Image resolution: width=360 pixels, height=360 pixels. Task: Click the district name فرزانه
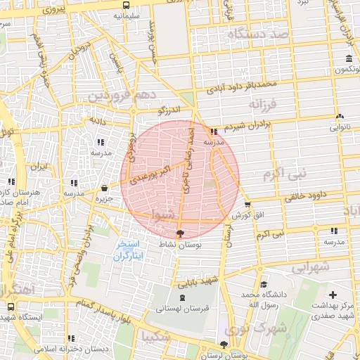pyautogui.click(x=264, y=104)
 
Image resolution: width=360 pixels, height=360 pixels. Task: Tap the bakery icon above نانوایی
pyautogui.click(x=340, y=116)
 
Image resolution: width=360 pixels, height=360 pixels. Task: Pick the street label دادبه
pyautogui.click(x=96, y=120)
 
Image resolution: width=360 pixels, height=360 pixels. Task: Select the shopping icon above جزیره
pyautogui.click(x=104, y=188)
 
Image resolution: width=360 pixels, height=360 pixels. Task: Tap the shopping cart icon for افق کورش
pyautogui.click(x=247, y=205)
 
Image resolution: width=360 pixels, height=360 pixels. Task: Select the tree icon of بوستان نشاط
pyautogui.click(x=181, y=233)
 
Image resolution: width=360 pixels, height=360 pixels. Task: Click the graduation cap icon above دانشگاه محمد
pyautogui.click(x=262, y=285)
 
